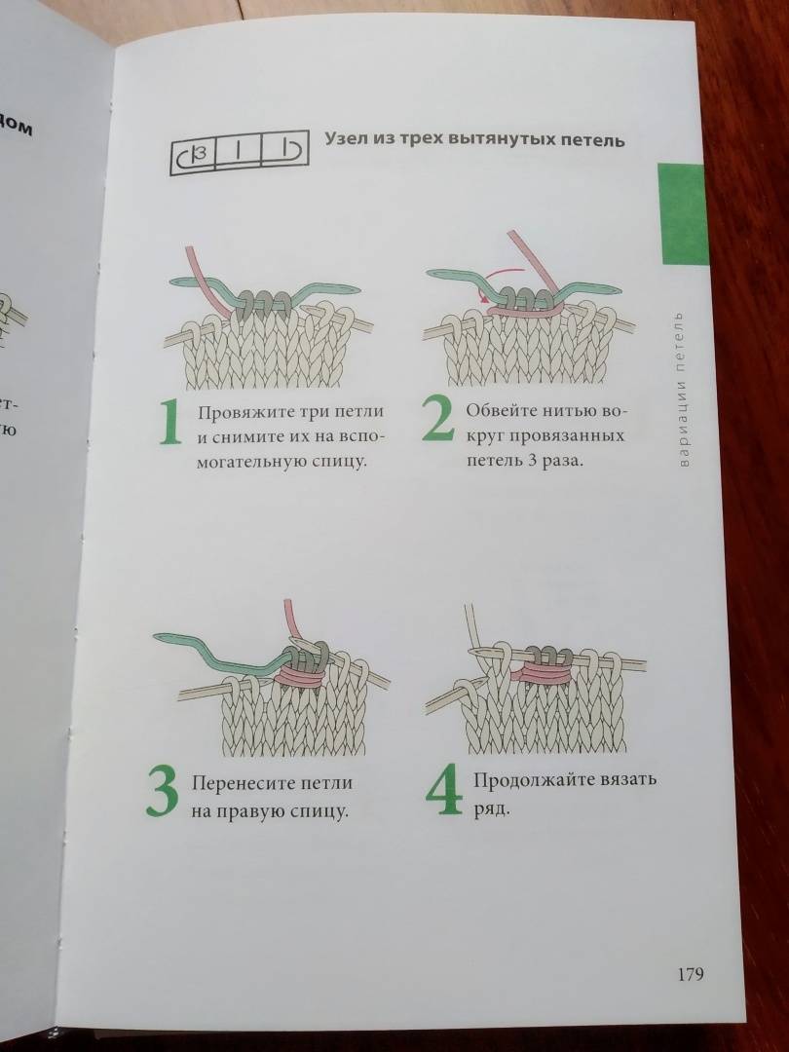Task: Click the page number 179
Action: coord(691,973)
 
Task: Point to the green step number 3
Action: coord(163,793)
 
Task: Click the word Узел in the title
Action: coord(346,139)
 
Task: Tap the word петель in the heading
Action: coord(593,141)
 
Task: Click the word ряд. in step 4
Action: coord(493,809)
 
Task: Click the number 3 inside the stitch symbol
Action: coord(198,156)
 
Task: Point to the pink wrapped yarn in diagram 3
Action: coord(304,673)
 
